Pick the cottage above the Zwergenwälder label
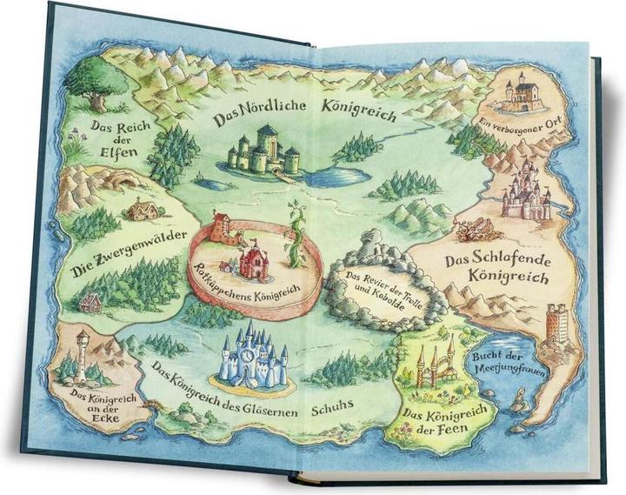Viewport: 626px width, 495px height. [x=142, y=209]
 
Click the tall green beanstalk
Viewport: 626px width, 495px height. [x=296, y=235]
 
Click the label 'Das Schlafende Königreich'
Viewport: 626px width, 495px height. [x=496, y=270]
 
